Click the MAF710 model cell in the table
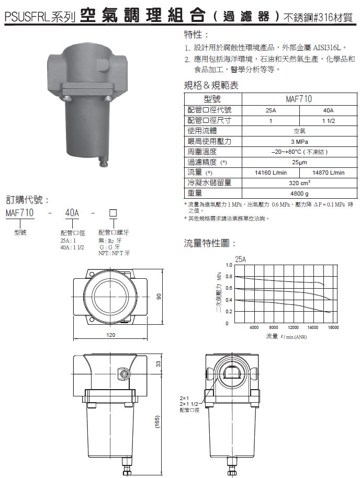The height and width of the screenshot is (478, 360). pyautogui.click(x=299, y=99)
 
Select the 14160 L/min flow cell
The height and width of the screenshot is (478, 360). pyautogui.click(x=271, y=173)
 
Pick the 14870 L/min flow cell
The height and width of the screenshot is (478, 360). pyautogui.click(x=328, y=173)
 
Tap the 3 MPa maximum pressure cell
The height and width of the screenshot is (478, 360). pyautogui.click(x=299, y=141)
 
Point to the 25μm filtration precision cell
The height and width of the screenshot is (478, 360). pyautogui.click(x=299, y=162)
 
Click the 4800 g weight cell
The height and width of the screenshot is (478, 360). pyautogui.click(x=299, y=194)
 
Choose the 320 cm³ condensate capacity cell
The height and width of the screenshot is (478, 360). pyautogui.click(x=299, y=183)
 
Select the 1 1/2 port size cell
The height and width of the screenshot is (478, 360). pyautogui.click(x=328, y=121)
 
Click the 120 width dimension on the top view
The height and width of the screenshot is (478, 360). pyautogui.click(x=111, y=335)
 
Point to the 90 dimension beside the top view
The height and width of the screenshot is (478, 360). pyautogui.click(x=159, y=296)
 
